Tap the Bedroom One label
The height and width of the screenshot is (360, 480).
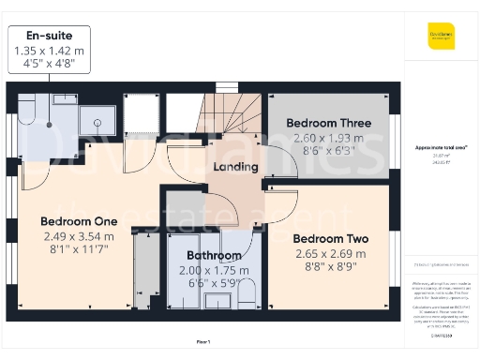[79, 221]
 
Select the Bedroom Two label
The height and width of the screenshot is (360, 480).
[329, 239]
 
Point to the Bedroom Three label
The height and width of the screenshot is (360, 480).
[328, 123]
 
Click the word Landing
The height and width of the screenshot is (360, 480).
[235, 167]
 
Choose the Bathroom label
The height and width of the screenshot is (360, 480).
[214, 255]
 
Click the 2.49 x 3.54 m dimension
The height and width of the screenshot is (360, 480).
[79, 236]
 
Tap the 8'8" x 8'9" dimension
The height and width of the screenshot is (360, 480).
[329, 268]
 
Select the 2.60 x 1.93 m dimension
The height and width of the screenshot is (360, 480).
[328, 138]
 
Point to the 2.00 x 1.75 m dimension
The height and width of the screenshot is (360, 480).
[214, 270]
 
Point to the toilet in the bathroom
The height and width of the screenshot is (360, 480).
[247, 294]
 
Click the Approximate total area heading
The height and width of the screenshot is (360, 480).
[441, 147]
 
